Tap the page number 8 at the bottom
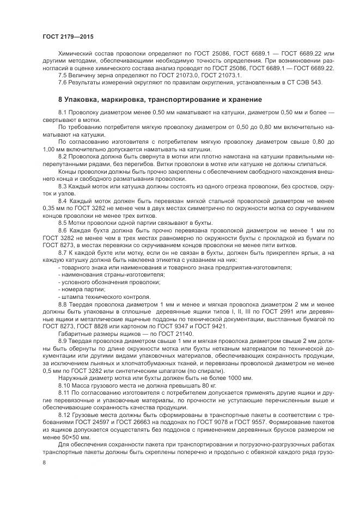point(44,462)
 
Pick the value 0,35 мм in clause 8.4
point(53,207)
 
